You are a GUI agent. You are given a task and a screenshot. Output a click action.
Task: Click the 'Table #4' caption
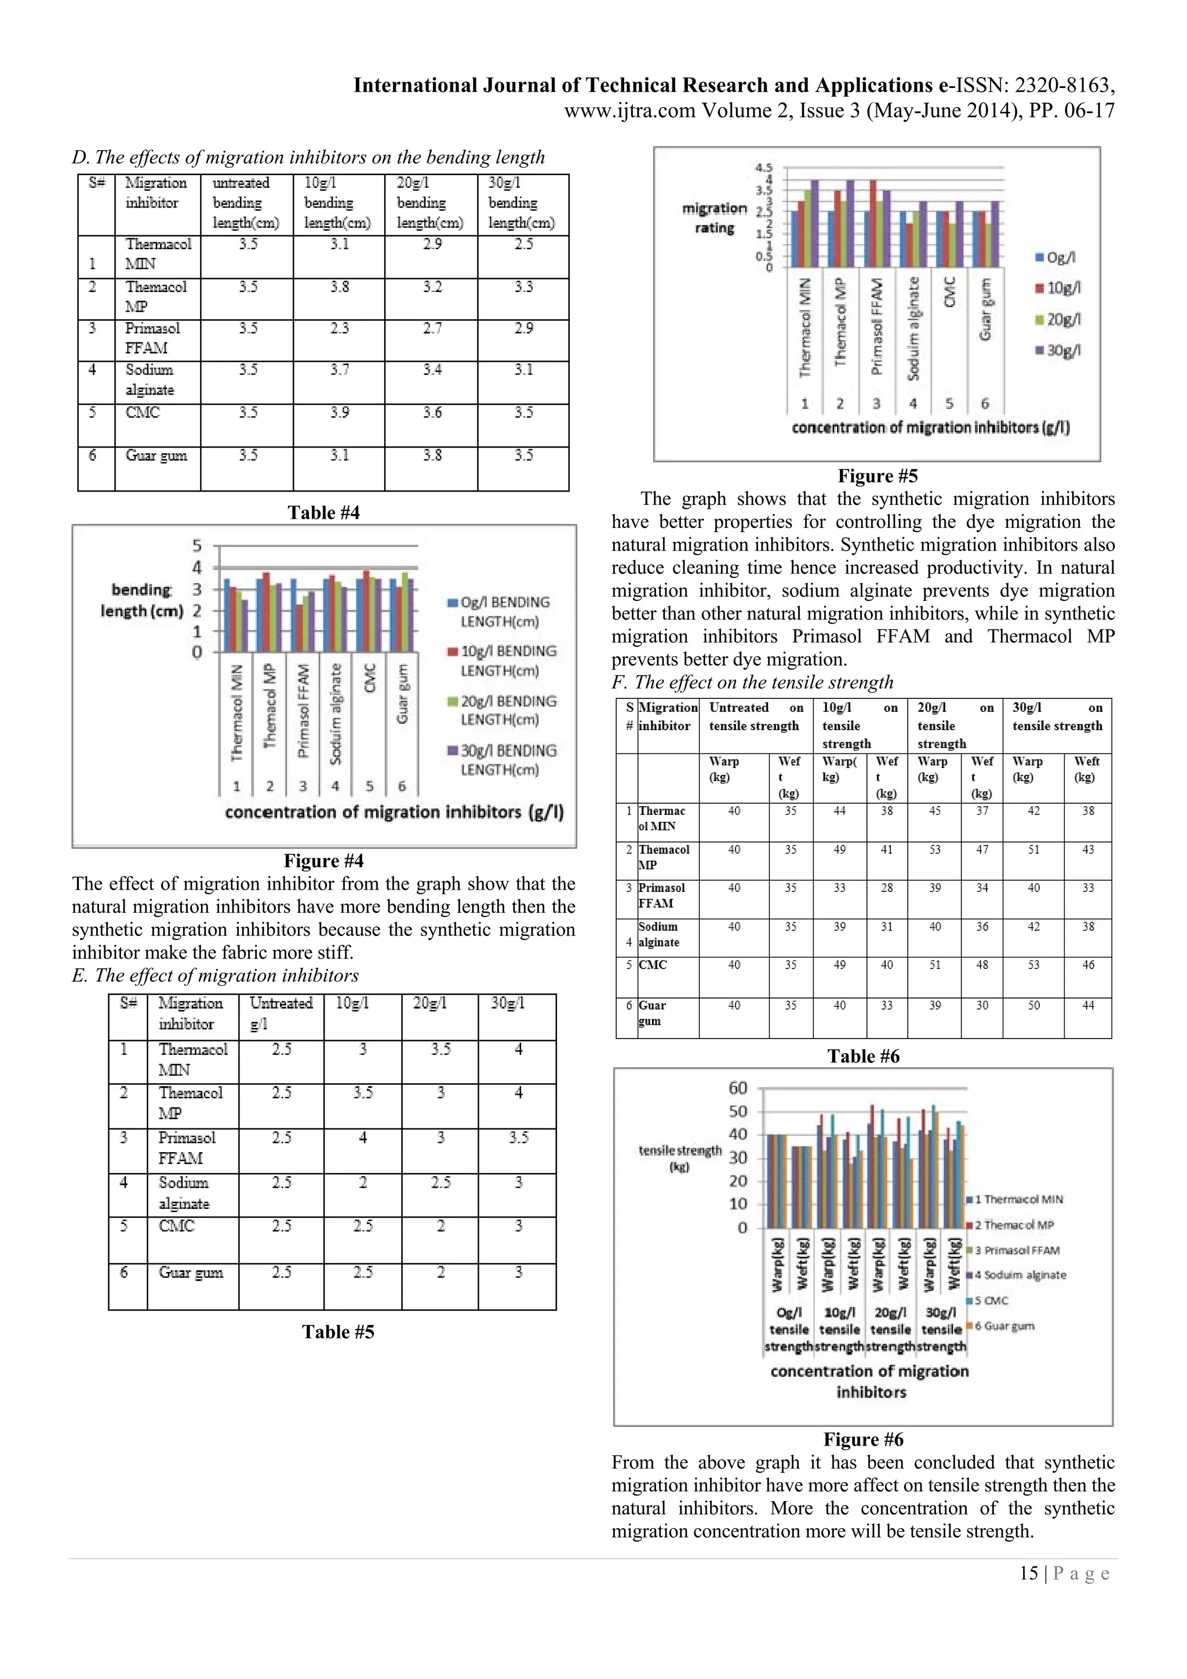point(323,512)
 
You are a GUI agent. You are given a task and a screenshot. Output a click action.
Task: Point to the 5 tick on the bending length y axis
point(196,545)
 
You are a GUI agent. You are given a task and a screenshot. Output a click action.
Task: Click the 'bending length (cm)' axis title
point(141,600)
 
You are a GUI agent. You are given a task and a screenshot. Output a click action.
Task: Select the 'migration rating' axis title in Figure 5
point(714,218)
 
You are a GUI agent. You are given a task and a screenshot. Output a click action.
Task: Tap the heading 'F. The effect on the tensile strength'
point(752,682)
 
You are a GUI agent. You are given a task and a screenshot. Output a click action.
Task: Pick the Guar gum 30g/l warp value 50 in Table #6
point(1033,1006)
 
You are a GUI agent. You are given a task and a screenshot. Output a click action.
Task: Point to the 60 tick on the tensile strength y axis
point(738,1087)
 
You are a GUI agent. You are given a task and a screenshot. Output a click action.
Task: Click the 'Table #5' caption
point(338,1332)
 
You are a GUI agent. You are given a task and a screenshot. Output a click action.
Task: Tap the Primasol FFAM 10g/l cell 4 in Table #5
point(363,1138)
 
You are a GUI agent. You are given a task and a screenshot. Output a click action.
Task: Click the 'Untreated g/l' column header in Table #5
point(281,1013)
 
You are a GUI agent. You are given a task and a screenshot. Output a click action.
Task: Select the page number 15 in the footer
point(1028,1573)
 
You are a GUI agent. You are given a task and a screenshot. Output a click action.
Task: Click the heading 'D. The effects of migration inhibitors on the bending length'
point(308,157)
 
